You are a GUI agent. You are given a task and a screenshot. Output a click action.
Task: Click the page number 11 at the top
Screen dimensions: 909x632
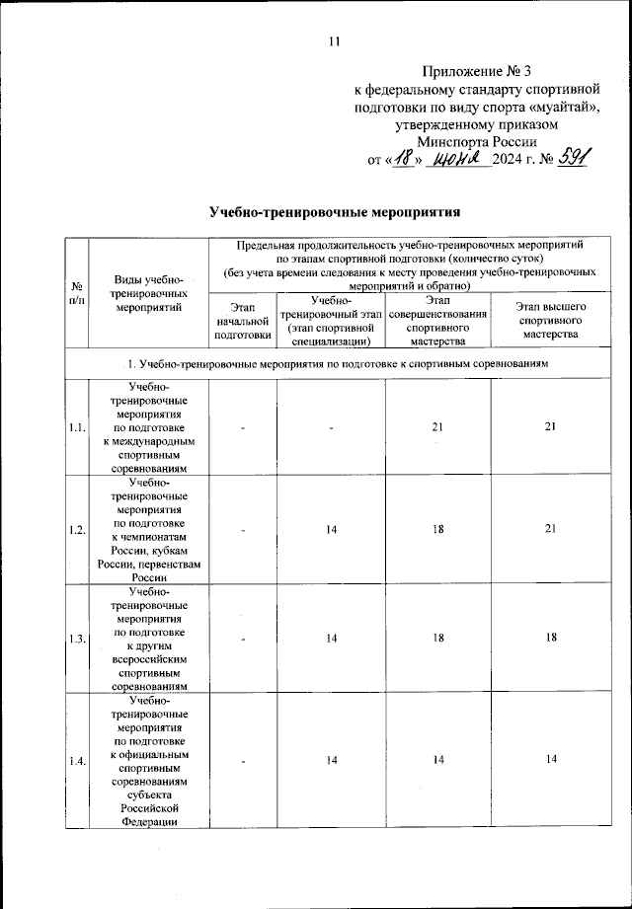pos(334,41)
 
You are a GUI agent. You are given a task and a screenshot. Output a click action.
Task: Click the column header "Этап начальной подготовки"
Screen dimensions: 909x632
pos(241,321)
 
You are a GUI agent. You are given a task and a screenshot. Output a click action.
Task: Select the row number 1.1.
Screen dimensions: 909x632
pos(76,427)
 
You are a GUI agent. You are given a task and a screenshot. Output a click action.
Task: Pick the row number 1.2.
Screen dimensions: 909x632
pos(76,530)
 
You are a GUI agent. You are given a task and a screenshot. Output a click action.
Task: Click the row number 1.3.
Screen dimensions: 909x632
pos(76,639)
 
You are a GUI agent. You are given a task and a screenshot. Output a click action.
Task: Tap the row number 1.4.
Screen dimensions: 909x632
pos(76,758)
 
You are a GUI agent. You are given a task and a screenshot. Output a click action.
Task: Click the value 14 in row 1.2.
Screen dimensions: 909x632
pos(331,530)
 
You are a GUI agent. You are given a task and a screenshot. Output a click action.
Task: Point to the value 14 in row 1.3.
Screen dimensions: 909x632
pos(331,639)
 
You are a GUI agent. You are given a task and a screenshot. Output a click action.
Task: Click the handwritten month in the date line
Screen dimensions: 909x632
pos(459,158)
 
